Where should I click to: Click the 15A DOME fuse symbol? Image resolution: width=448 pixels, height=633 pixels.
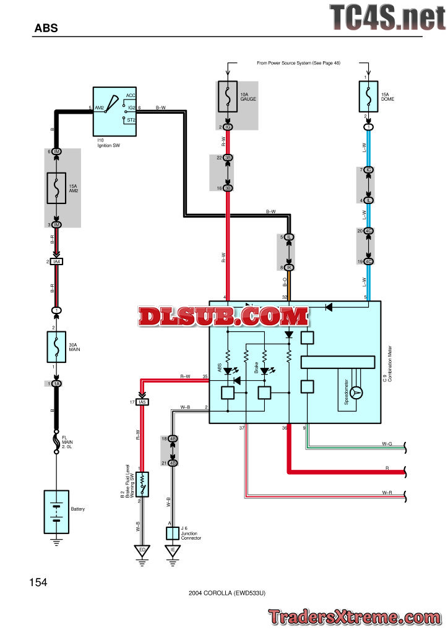[x=369, y=96]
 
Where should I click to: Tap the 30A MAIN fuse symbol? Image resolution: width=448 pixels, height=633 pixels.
[x=56, y=347]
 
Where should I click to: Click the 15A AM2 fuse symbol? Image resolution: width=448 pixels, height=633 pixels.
[x=57, y=187]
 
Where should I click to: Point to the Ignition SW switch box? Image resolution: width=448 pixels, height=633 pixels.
[x=115, y=111]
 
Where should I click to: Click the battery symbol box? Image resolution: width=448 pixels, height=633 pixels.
[x=56, y=512]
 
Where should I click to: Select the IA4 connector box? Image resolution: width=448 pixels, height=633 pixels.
[x=57, y=262]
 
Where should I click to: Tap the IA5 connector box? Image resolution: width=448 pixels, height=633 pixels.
[x=142, y=402]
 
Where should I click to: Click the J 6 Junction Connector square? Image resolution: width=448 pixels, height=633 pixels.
[x=173, y=532]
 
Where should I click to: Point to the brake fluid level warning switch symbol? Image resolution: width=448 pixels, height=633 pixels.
[x=142, y=483]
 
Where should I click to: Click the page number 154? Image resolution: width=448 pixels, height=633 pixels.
[x=38, y=582]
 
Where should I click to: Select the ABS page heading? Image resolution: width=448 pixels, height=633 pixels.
[x=46, y=28]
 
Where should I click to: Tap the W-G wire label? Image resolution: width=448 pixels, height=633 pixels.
[x=387, y=443]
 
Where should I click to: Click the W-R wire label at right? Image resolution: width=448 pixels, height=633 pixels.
[x=387, y=493]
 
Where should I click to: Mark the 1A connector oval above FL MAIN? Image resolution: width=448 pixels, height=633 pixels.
[x=57, y=384]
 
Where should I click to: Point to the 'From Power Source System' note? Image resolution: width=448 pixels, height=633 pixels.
[x=298, y=63]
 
